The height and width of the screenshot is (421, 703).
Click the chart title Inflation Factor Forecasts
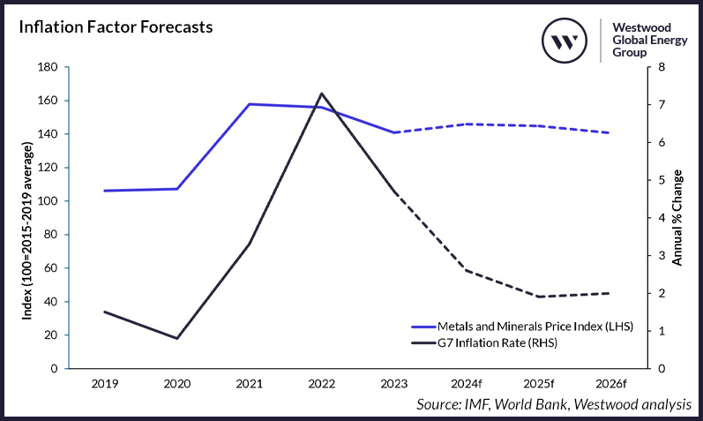116,26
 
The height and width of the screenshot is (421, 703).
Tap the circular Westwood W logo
564,41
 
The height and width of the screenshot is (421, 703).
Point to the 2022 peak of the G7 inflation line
321,93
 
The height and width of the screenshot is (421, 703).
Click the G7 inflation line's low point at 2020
177,338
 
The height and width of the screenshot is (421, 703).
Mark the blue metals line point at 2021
250,104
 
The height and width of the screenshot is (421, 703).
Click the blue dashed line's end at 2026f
609,132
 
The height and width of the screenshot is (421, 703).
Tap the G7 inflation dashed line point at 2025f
537,297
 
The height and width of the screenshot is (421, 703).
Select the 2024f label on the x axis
466,385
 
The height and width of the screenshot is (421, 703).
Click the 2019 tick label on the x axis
106,385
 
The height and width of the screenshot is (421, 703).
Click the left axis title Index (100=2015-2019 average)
27,217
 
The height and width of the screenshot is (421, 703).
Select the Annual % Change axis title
677,217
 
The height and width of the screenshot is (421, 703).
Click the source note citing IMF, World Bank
554,404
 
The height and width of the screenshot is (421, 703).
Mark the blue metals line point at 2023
393,132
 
